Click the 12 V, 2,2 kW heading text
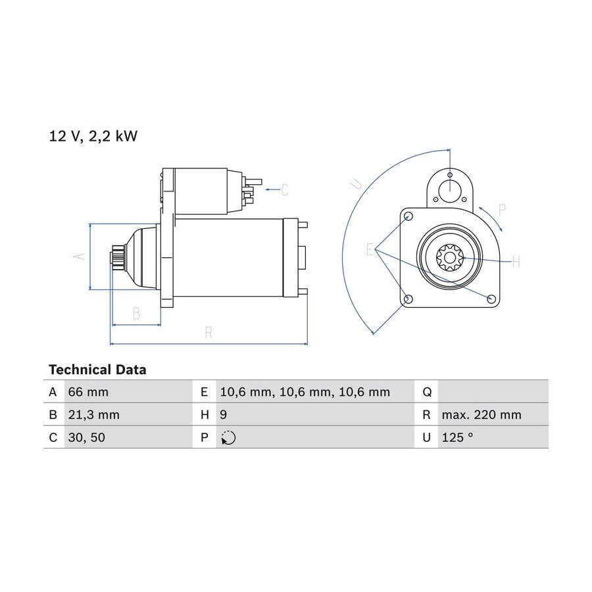point(93,136)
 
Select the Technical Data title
point(97,369)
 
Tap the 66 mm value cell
point(88,392)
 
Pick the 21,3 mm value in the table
point(93,414)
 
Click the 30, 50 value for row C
point(86,437)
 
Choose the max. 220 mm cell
point(481,414)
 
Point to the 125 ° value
point(457,437)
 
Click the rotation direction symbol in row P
point(228,437)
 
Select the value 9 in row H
point(223,414)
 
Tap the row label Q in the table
point(427,392)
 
